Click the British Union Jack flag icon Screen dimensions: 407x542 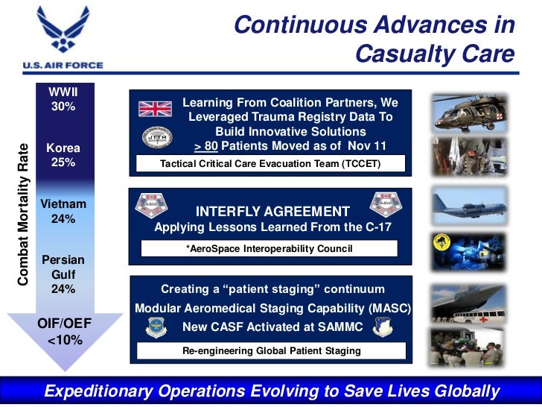155,109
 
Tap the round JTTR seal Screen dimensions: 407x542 156,139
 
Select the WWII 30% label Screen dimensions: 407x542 63,99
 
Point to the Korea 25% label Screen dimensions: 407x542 63,155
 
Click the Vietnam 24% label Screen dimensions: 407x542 63,212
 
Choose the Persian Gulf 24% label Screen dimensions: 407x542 63,274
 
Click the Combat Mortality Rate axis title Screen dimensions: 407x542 23,212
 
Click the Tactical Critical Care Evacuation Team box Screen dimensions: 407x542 270,164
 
